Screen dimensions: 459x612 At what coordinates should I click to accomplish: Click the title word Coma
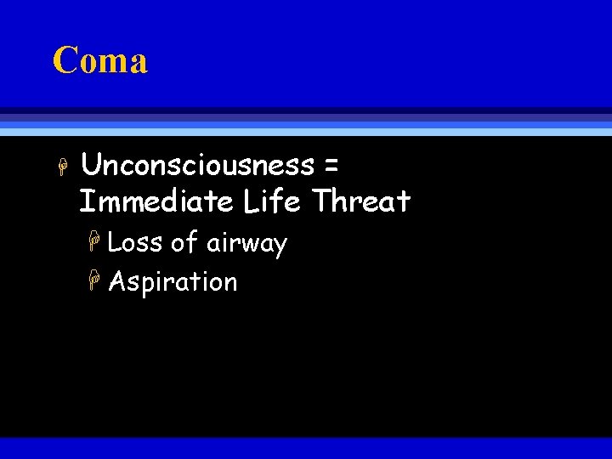pyautogui.click(x=99, y=60)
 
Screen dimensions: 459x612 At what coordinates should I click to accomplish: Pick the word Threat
pyautogui.click(x=362, y=201)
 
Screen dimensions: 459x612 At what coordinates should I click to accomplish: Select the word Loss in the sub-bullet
pyautogui.click(x=135, y=243)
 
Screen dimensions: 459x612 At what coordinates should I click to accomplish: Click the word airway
pyautogui.click(x=246, y=245)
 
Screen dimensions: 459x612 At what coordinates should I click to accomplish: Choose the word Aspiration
pyautogui.click(x=173, y=282)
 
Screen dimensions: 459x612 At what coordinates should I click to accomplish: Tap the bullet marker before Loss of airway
pyautogui.click(x=96, y=245)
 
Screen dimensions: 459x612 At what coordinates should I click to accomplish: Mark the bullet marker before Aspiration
pyautogui.click(x=96, y=283)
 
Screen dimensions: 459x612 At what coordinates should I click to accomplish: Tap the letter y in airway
pyautogui.click(x=279, y=246)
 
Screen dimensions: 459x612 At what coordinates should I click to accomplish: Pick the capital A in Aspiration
pyautogui.click(x=117, y=281)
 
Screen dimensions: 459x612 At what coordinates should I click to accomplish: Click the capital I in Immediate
pyautogui.click(x=85, y=201)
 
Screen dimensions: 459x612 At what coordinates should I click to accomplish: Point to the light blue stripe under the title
pyautogui.click(x=306, y=132)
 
